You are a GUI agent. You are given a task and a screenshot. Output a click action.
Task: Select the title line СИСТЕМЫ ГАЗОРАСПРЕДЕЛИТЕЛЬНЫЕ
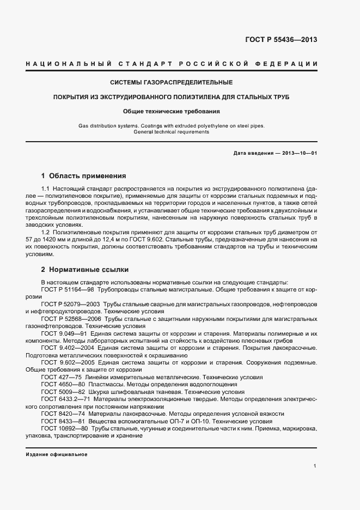[171, 83]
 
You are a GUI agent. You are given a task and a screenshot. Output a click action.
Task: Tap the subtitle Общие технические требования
[171, 111]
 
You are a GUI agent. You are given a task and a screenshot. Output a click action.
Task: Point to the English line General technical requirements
[171, 132]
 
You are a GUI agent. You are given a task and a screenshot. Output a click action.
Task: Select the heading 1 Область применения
[83, 176]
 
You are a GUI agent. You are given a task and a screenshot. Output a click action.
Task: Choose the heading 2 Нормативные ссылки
[85, 269]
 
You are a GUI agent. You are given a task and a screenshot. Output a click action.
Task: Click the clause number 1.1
[45, 187]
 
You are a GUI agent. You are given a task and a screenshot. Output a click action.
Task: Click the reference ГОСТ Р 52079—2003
[70, 305]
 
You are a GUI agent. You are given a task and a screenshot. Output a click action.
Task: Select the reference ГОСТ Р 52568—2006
[70, 318]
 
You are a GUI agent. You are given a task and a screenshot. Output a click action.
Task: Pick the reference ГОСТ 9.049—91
[63, 332]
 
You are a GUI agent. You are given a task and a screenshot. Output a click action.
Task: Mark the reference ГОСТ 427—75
[60, 377]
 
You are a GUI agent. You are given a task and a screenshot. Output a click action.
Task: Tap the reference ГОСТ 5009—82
[61, 392]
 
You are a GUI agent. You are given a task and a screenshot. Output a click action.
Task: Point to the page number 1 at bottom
[315, 465]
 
